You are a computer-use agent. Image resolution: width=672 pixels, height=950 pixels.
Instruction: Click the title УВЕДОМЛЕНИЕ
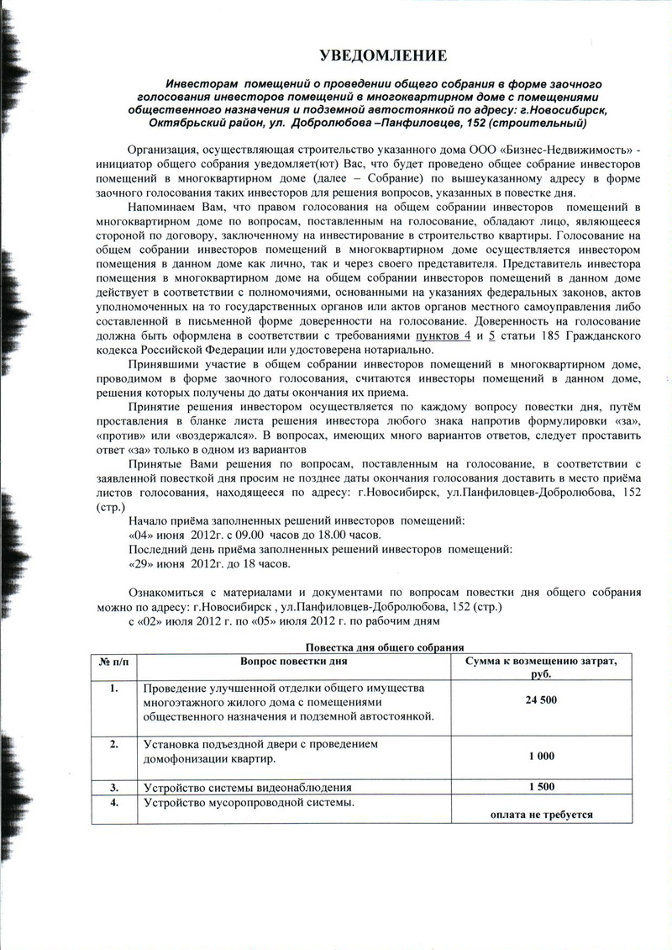[x=382, y=56]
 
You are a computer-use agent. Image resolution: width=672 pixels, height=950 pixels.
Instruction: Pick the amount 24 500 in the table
[x=541, y=700]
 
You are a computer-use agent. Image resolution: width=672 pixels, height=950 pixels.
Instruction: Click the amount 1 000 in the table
[x=541, y=756]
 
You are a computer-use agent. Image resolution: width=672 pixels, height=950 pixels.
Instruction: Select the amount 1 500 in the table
[x=541, y=787]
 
